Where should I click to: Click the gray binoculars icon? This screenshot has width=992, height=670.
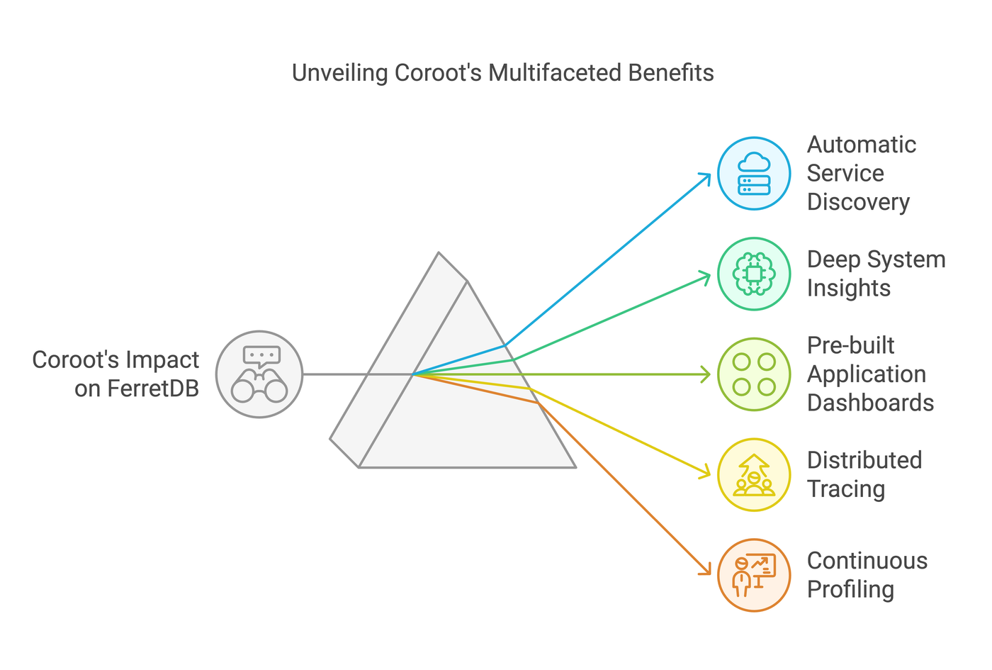[259, 374]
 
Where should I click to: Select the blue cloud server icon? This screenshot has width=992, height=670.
[754, 174]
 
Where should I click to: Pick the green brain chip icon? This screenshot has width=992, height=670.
[754, 274]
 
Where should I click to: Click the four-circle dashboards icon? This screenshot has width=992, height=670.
[754, 374]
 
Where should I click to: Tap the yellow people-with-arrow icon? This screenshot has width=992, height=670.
[754, 475]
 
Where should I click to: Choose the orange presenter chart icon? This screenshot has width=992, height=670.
[754, 575]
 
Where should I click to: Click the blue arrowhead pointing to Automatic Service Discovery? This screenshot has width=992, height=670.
[706, 176]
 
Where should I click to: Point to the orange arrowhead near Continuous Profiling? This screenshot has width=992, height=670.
[706, 571]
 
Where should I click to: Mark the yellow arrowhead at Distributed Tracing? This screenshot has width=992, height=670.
[706, 474]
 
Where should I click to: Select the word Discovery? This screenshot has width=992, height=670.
[858, 202]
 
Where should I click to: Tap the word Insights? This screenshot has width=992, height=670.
[848, 289]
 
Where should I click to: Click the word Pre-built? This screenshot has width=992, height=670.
[850, 345]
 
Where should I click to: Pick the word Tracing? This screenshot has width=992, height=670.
[846, 489]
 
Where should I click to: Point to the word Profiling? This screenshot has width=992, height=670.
[850, 590]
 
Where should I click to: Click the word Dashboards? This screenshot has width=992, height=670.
[870, 403]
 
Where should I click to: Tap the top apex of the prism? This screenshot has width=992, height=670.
[439, 253]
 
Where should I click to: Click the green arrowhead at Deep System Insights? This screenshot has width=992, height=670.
[706, 275]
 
